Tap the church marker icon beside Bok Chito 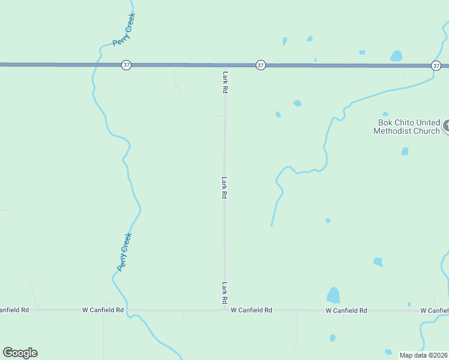(x=446, y=126)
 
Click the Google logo (x=20, y=353)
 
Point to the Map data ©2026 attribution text (x=423, y=355)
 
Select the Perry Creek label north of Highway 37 (x=124, y=29)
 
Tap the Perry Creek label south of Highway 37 (x=124, y=251)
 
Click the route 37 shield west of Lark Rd (x=126, y=65)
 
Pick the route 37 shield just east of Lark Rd (x=261, y=65)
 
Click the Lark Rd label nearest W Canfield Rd (x=225, y=292)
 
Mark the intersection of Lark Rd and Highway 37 (x=226, y=65)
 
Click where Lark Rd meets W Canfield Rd (x=225, y=310)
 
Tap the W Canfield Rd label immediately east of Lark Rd (x=252, y=310)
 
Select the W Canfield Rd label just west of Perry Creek (x=103, y=310)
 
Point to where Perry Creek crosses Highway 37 (x=96, y=64)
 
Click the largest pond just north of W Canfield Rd (x=333, y=295)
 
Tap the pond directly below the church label (x=405, y=151)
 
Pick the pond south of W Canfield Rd (x=333, y=338)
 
